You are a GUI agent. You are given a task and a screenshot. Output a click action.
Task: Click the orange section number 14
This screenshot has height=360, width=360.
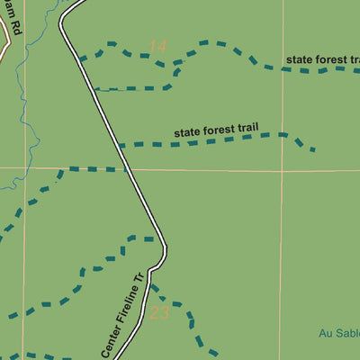tap(158, 46)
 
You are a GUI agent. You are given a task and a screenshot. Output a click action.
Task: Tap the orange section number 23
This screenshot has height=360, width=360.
tap(160, 313)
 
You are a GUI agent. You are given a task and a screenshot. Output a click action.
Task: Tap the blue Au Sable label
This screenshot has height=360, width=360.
tap(339, 333)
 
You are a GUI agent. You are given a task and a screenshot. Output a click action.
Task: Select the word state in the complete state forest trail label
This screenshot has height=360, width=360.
tap(188, 133)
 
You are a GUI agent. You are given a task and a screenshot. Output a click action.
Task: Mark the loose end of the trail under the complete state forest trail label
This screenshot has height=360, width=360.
tap(313, 149)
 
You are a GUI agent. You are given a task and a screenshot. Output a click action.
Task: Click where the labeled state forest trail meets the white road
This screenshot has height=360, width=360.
tap(120, 144)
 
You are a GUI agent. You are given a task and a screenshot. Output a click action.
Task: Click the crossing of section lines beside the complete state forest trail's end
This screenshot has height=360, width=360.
tap(282, 169)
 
